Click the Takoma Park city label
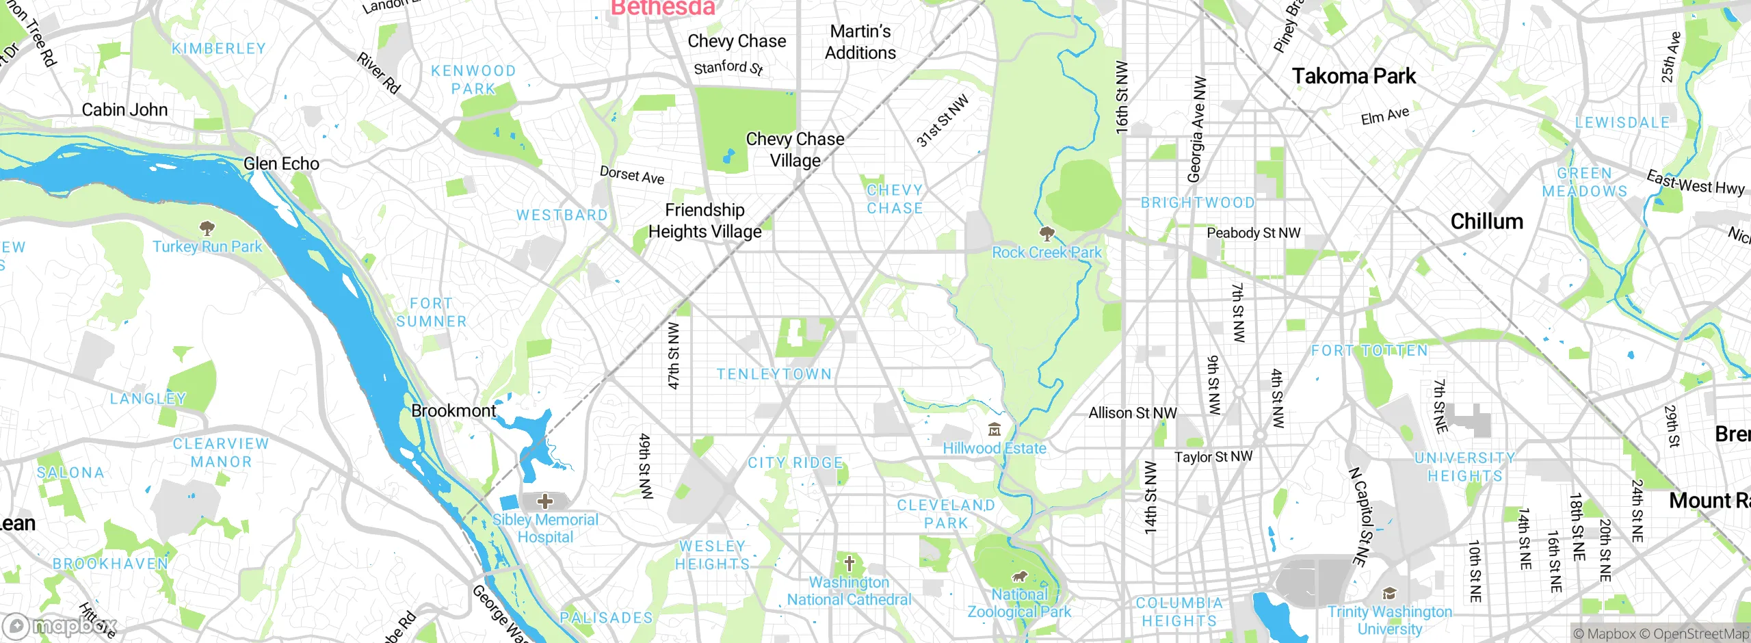[1353, 76]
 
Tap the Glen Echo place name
[281, 163]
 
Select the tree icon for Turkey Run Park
[207, 227]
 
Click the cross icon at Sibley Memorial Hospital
[544, 501]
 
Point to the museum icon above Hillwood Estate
[995, 430]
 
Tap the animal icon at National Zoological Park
[1019, 577]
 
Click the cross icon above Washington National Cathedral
[849, 564]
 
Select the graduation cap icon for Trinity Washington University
[1389, 593]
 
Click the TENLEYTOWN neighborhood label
[774, 374]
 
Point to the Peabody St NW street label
[1253, 233]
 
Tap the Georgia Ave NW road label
[1197, 129]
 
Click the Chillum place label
[1486, 222]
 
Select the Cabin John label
[124, 109]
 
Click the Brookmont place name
[453, 410]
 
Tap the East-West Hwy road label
[1695, 183]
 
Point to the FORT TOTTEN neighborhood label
[1369, 351]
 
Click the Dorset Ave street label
[631, 175]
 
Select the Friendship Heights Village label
[705, 220]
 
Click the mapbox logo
[60, 626]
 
